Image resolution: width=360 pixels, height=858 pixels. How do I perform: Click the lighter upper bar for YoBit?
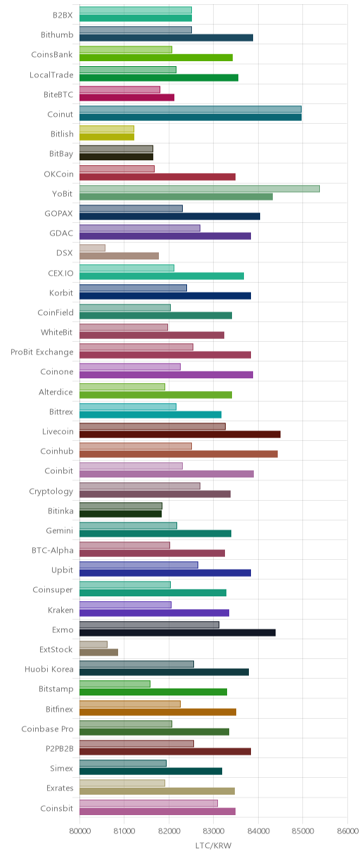200,188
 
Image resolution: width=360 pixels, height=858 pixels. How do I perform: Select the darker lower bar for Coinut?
191,117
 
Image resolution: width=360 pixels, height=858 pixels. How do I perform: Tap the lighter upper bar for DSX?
92,248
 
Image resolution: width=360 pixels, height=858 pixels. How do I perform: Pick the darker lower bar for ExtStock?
99,652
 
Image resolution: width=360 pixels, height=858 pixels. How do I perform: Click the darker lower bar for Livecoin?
180,434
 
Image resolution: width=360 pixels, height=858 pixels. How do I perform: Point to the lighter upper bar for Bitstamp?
115,684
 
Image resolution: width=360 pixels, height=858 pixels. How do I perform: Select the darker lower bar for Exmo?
177,632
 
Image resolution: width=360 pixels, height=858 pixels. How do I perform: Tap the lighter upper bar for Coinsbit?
148,803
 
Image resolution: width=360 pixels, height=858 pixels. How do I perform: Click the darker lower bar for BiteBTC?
127,97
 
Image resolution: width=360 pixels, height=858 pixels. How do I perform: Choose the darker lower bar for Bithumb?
166,37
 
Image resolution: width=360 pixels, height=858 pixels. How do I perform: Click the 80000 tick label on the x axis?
79,831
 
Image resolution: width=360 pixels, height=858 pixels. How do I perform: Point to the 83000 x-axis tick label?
213,831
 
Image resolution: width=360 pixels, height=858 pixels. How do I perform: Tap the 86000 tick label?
347,831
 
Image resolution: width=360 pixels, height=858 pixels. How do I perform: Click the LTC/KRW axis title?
213,845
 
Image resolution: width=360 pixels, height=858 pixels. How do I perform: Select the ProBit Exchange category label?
41,352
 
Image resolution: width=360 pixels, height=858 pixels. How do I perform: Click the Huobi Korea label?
49,669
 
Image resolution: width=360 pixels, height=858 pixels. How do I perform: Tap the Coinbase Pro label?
47,729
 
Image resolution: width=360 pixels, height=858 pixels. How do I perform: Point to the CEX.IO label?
60,273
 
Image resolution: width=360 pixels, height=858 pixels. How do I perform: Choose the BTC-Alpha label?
53,551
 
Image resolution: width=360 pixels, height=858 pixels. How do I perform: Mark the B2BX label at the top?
63,15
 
